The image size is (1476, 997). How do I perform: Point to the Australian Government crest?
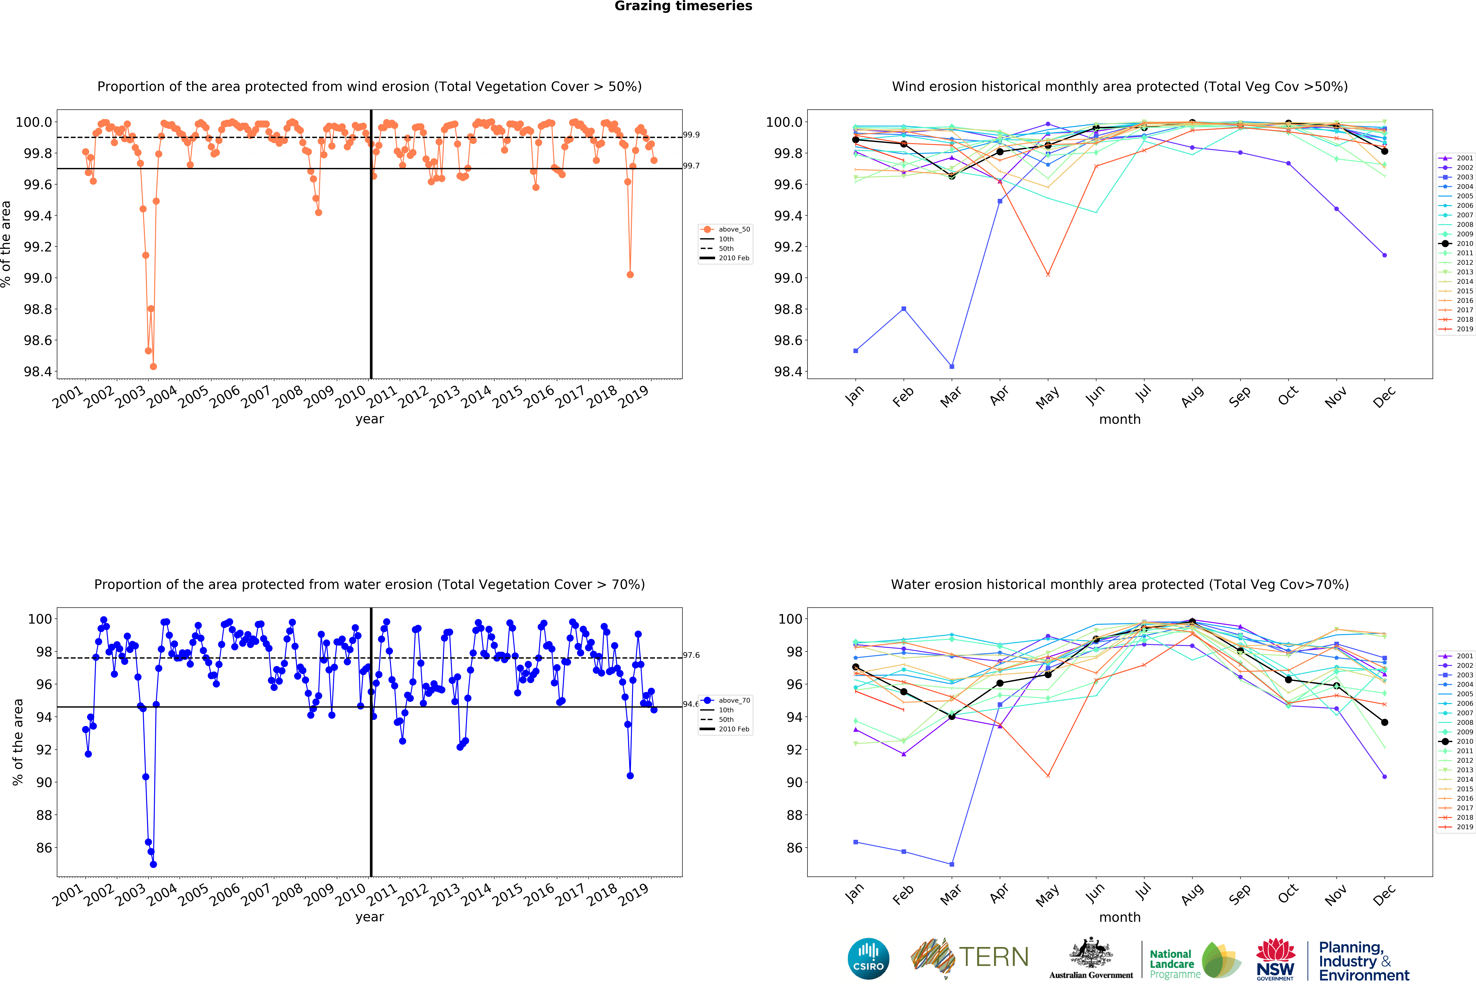point(1090,953)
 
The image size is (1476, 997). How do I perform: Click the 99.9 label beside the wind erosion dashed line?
point(691,135)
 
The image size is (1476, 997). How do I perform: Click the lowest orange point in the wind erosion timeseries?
point(153,366)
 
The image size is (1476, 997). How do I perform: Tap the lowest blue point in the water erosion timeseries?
point(153,864)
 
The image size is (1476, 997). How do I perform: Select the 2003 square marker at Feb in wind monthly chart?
point(904,309)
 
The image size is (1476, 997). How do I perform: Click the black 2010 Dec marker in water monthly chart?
point(1385,722)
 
